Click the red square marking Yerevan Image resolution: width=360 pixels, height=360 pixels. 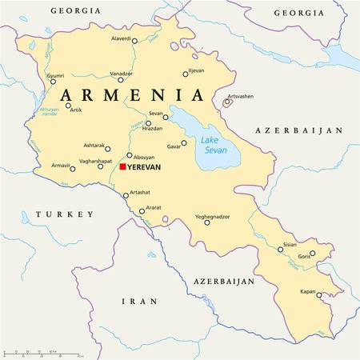point(122,166)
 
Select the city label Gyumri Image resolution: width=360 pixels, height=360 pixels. point(55,75)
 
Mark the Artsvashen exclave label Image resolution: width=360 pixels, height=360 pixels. point(240,96)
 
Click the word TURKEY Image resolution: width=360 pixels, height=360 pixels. point(65,214)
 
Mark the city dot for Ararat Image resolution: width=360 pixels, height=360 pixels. point(142,212)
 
